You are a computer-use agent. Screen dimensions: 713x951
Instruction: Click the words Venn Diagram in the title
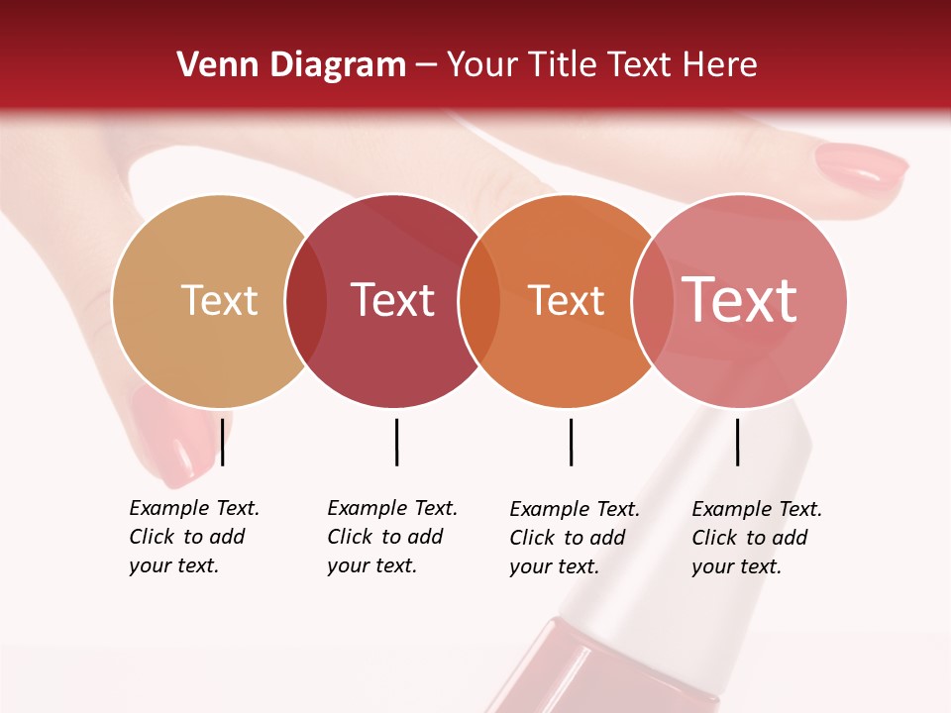point(291,65)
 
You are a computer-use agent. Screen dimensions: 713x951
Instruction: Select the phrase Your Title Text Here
point(602,65)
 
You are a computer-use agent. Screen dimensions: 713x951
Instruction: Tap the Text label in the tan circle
point(219,300)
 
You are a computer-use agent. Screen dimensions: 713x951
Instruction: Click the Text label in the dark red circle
point(393,300)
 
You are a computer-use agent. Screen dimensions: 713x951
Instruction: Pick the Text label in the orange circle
point(566,300)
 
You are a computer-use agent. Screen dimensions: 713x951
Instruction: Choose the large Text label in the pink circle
point(740,299)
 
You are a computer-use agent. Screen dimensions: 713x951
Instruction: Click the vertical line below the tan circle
point(223,442)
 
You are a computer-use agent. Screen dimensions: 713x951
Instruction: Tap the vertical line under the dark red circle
point(396,442)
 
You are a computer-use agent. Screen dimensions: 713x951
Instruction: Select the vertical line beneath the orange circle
point(571,442)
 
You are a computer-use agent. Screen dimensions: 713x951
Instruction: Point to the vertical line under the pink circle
point(738,442)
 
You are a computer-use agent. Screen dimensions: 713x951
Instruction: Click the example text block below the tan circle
point(194,537)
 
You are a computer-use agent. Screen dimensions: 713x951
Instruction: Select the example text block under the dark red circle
point(392,537)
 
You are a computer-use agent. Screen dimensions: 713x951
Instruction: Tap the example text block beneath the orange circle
point(575,538)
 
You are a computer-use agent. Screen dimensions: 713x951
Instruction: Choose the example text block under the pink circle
point(757,538)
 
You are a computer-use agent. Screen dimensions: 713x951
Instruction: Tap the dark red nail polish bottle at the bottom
point(604,673)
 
